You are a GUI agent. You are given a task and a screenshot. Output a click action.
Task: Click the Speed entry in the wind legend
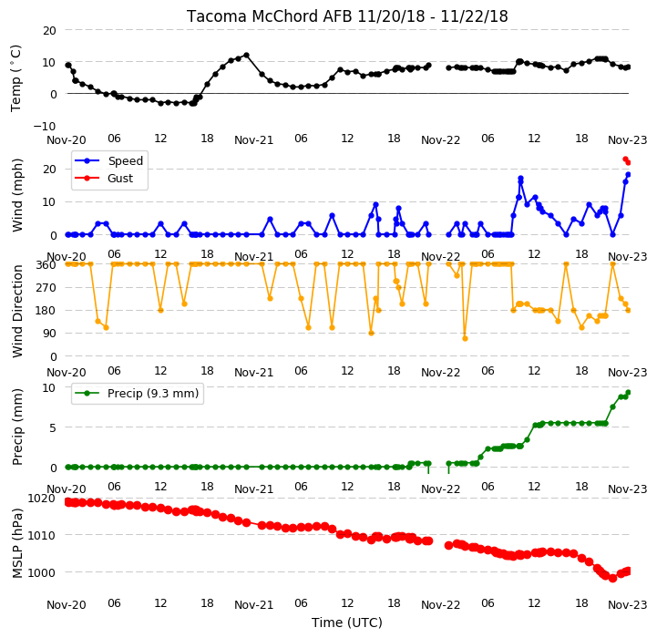125,160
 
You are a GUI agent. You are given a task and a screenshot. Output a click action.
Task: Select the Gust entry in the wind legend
120,178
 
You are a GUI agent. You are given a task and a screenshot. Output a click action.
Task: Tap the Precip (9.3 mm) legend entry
153,393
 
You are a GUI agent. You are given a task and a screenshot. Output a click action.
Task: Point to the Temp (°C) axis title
15,78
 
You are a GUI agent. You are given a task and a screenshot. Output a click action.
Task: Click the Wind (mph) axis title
16,195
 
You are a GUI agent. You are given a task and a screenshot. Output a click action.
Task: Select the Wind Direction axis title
17,311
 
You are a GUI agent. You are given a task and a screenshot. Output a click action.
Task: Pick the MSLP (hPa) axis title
16,543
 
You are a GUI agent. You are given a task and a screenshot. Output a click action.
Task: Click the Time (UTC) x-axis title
347,623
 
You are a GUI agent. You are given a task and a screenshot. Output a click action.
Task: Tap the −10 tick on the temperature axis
45,126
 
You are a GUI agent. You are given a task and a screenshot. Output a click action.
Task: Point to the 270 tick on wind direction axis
47,288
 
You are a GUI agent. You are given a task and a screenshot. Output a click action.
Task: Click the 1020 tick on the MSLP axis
42,499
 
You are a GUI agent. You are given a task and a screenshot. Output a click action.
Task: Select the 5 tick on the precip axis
53,428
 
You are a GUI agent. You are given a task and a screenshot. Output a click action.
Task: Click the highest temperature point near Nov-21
246,56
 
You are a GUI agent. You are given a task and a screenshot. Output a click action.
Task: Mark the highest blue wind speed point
521,178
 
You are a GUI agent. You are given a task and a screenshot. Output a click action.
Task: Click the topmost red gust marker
626,159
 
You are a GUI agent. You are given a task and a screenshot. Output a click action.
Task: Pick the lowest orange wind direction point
465,338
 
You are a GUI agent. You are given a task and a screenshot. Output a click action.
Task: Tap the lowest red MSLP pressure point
612,578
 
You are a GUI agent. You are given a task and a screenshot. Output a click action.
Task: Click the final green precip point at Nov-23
628,392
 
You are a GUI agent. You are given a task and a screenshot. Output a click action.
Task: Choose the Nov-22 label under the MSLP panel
440,605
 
